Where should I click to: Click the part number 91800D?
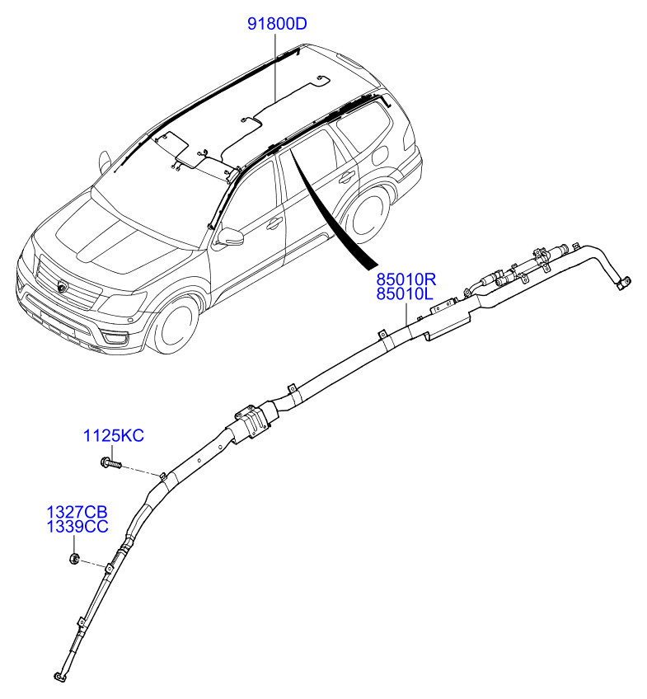tap(277, 24)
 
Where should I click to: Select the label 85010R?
tap(406, 279)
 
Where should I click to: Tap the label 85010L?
tap(405, 294)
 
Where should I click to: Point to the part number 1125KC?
tap(114, 435)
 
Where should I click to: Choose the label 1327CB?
tap(77, 512)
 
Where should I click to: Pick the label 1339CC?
tap(77, 527)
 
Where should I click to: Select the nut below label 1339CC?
tap(74, 558)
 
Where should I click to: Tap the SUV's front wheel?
tap(175, 324)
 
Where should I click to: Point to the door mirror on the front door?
tap(231, 237)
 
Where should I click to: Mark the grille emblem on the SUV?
tap(61, 286)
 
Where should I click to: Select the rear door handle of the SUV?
tap(345, 177)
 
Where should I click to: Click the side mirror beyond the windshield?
tap(105, 162)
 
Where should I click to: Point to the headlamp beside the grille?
tap(123, 303)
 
